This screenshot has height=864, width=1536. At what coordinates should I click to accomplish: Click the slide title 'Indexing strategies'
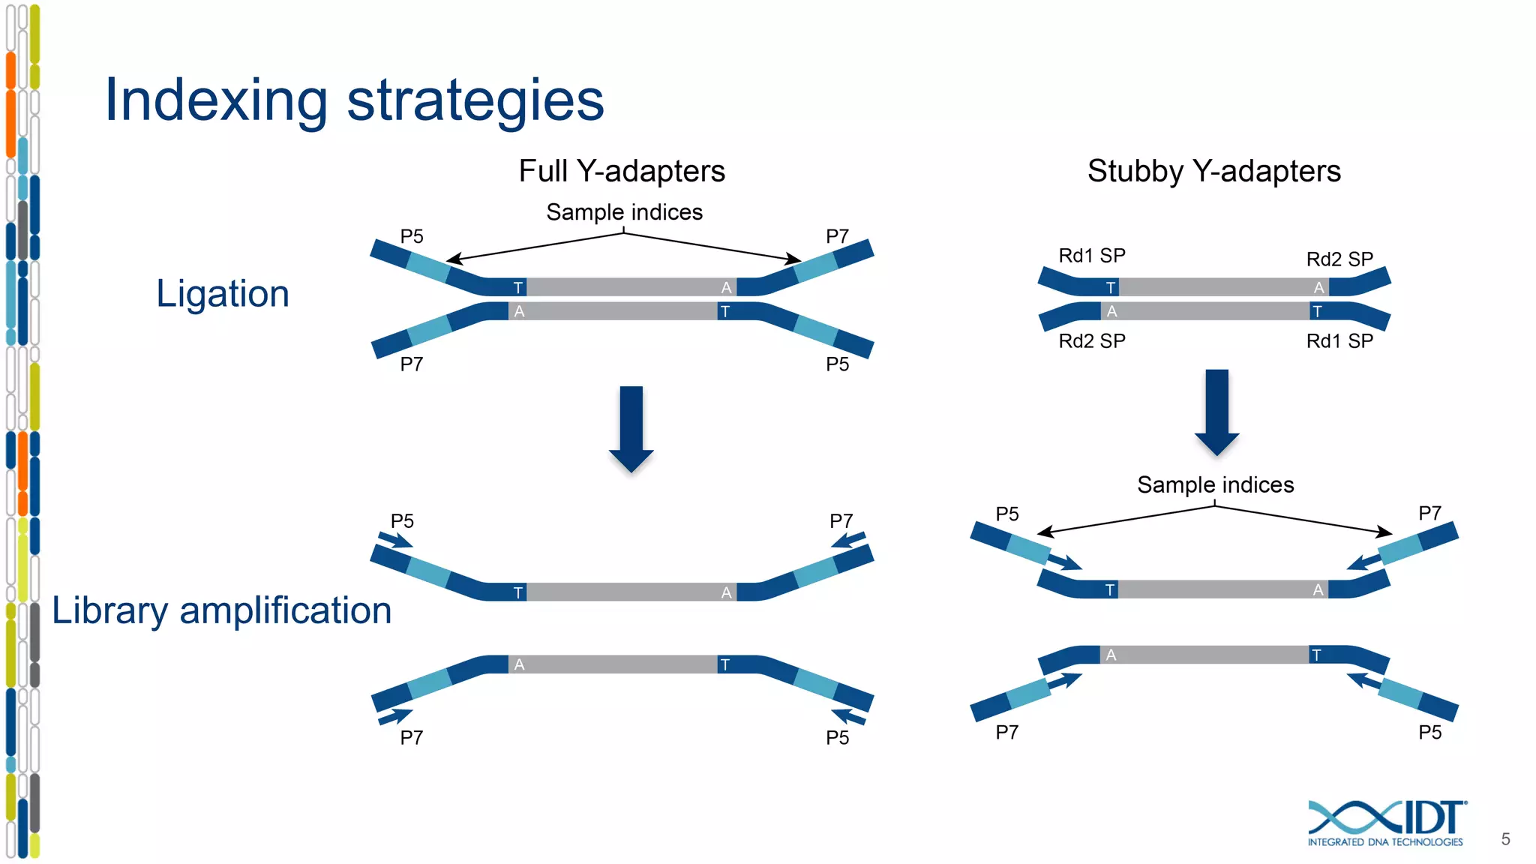354,100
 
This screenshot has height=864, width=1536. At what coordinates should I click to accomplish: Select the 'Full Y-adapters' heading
622,171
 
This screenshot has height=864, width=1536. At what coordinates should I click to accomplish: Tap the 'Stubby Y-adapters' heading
1213,171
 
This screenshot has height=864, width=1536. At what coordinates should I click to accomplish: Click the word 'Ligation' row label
223,293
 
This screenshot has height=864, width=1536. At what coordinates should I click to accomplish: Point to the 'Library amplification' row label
221,610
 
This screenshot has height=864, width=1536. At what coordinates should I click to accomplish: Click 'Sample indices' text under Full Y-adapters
624,212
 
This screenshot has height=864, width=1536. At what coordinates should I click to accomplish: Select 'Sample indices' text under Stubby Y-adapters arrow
1215,484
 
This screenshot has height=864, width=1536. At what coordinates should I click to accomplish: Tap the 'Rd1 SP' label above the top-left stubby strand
1091,256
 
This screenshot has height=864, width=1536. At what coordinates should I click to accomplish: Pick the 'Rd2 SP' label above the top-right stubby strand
1339,259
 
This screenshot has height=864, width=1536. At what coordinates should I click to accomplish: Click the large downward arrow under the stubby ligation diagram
1216,412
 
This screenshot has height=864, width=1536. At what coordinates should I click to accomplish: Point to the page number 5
1505,839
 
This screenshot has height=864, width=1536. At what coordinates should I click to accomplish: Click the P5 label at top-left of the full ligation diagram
412,237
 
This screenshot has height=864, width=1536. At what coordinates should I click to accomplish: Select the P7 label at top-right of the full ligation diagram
837,237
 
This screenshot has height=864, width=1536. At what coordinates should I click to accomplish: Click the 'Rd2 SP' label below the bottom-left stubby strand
1091,341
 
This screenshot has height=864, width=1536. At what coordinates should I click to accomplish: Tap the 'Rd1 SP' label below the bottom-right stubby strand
1339,341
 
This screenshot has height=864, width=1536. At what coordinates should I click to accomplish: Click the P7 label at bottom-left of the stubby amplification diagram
1006,732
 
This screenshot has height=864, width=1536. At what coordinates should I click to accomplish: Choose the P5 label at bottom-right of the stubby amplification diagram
1429,732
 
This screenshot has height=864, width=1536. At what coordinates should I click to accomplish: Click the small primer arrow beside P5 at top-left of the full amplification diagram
395,540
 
